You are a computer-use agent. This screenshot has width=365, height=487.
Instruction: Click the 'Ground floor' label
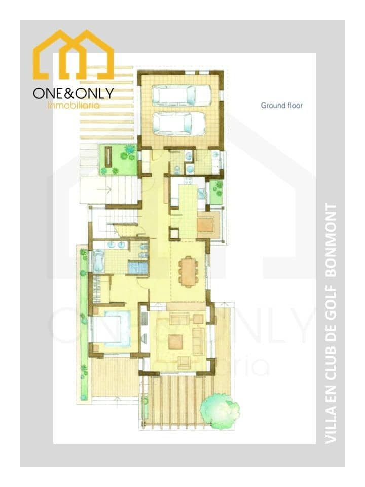[x=281, y=106]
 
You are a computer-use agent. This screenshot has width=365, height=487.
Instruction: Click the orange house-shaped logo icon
[x=73, y=55]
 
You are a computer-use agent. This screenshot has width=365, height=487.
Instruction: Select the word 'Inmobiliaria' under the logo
[x=74, y=106]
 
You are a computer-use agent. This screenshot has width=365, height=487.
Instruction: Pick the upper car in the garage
[x=181, y=95]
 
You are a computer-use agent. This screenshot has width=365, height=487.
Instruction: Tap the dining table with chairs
[x=188, y=271]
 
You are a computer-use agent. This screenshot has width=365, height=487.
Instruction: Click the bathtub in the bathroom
[x=99, y=260]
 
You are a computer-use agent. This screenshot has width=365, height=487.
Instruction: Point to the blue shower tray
[x=138, y=267]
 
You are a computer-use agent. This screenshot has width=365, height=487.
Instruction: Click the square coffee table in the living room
[x=176, y=341]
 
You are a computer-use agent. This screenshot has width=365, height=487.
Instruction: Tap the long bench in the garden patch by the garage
[x=108, y=157]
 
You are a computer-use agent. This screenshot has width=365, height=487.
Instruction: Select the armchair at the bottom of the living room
[x=185, y=362]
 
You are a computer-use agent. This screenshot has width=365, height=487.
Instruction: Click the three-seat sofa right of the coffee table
[x=198, y=341]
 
